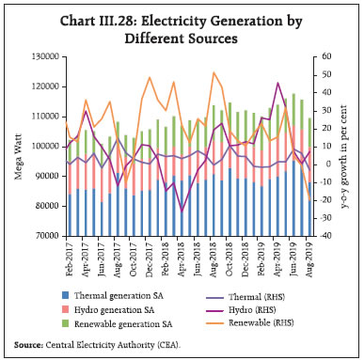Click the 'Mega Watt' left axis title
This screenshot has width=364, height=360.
coord(12,147)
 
